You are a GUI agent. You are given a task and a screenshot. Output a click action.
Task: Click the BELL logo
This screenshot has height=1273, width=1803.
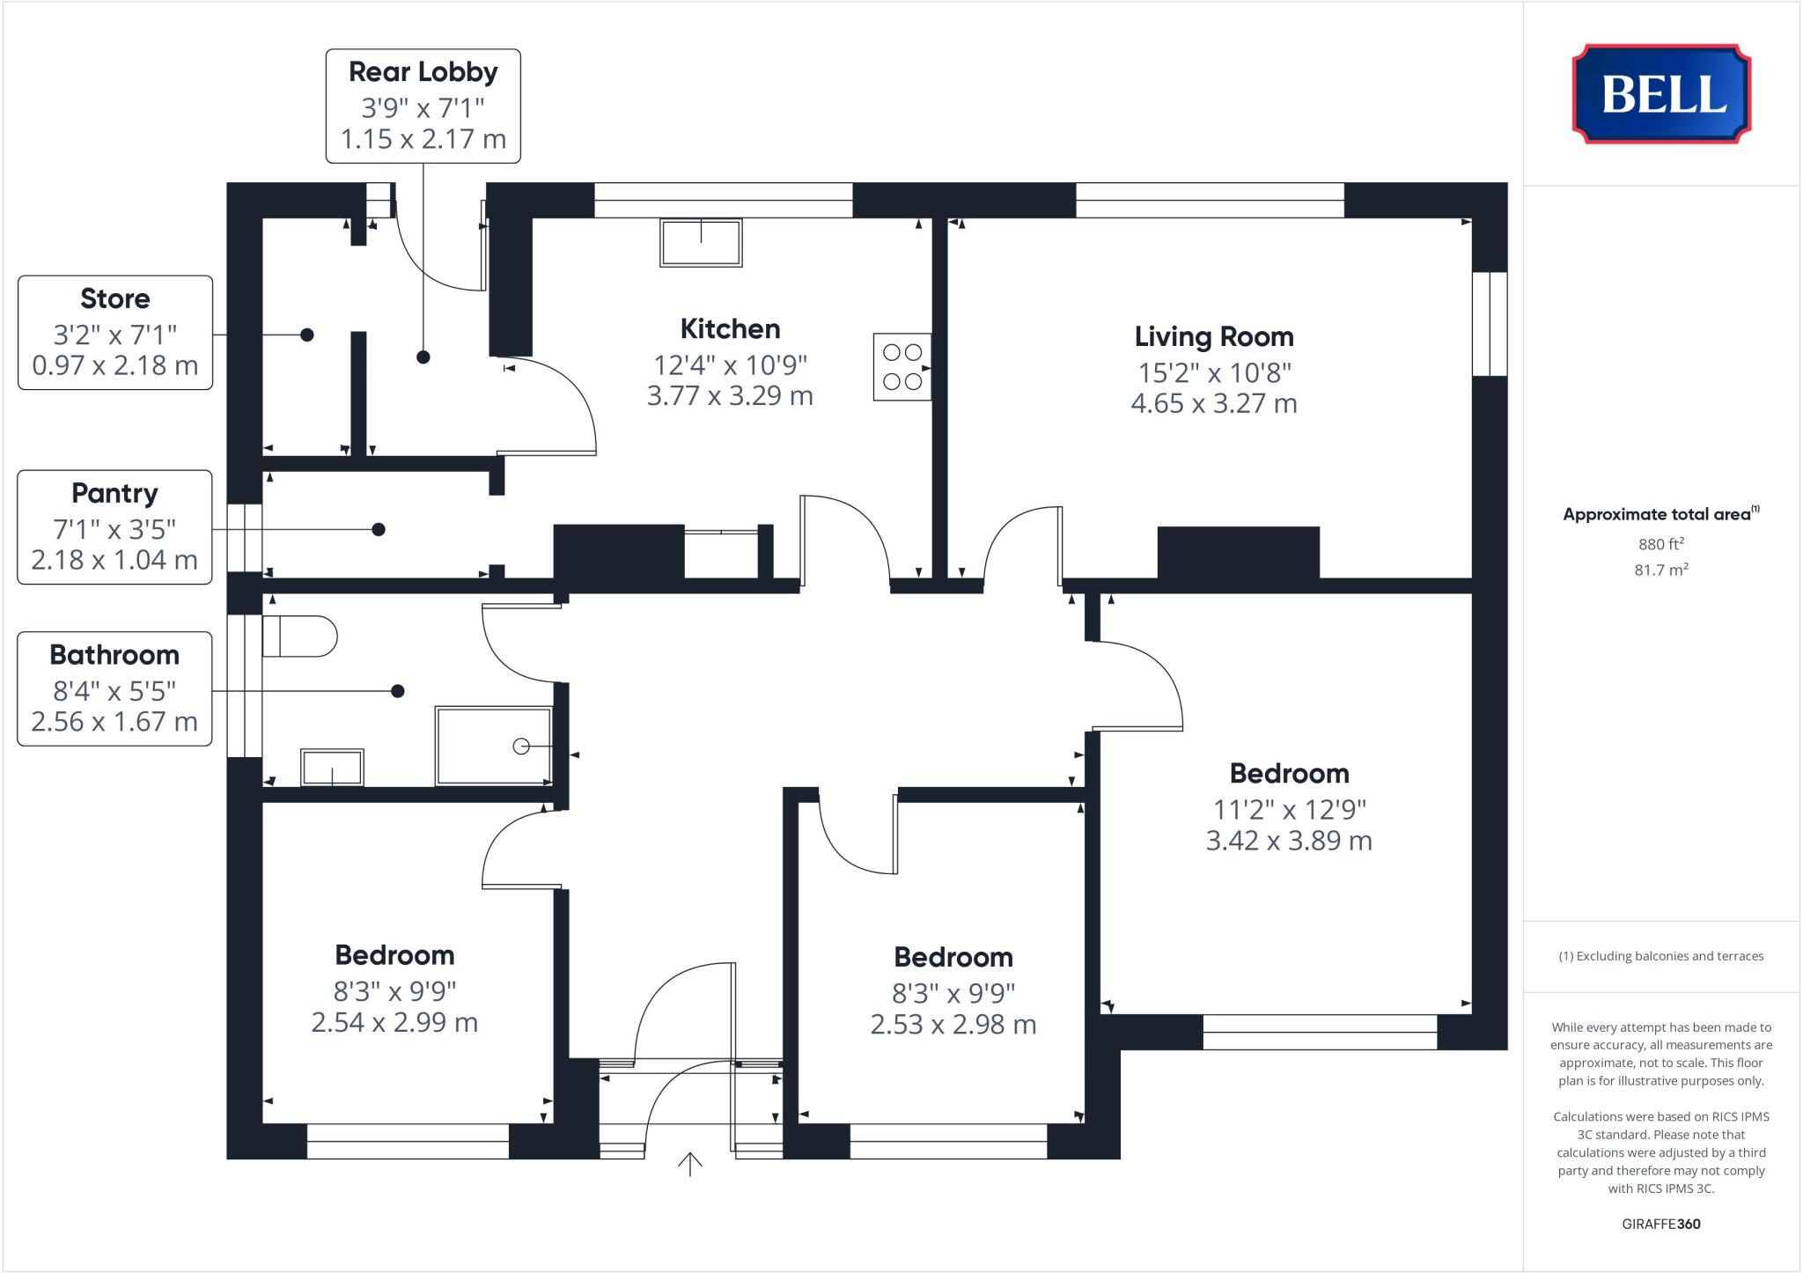[1661, 94]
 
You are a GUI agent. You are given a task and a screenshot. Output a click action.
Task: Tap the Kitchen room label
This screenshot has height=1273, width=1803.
[730, 329]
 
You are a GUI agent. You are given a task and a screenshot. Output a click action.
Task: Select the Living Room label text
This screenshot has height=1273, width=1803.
[1213, 336]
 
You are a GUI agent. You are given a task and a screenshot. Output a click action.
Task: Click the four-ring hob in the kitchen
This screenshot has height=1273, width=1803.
[901, 367]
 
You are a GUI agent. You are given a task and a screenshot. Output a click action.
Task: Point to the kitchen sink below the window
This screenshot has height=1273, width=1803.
[701, 242]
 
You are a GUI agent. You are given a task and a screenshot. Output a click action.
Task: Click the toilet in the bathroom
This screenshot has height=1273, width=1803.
[300, 636]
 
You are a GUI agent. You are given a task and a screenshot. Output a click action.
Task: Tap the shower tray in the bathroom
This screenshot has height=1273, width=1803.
[494, 745]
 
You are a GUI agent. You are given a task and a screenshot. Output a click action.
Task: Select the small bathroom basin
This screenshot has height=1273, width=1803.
[332, 767]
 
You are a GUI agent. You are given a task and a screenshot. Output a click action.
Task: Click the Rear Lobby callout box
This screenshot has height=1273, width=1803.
[423, 106]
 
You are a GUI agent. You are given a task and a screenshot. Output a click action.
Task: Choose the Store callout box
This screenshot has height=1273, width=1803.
[115, 333]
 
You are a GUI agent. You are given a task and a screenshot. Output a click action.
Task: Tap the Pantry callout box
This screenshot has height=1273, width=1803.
[115, 526]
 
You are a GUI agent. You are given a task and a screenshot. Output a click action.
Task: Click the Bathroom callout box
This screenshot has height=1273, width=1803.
[115, 688]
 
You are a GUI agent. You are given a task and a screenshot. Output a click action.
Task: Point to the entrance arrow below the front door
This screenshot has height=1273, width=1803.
[689, 1164]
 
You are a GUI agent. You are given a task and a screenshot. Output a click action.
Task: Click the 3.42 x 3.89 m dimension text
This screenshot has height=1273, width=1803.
[1288, 841]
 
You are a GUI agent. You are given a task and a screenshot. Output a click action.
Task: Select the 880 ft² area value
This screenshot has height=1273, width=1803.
[1660, 544]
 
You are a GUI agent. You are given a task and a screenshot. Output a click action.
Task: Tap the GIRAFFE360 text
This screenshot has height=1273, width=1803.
[1660, 1224]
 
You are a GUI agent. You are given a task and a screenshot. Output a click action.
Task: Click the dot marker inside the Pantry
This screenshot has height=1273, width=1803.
[379, 529]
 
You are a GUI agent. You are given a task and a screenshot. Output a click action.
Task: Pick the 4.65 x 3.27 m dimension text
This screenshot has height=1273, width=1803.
[1213, 403]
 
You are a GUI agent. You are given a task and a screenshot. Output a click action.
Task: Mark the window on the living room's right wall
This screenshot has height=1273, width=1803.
[1490, 323]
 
